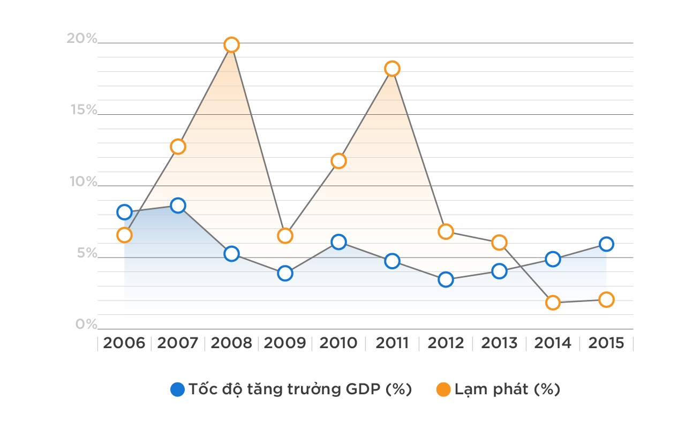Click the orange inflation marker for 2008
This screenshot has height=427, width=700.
[x=231, y=45]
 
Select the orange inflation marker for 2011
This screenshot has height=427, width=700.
[x=392, y=69]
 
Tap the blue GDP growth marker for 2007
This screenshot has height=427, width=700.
[x=178, y=205]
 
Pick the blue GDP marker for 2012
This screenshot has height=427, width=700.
[x=446, y=279]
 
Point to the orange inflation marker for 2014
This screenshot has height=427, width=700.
[x=553, y=303]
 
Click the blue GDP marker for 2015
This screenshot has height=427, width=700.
[x=606, y=244]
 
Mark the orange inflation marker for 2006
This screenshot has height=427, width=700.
[x=124, y=235]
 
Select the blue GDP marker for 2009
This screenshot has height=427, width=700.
[x=285, y=274]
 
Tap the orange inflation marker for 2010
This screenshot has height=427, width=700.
[x=338, y=161]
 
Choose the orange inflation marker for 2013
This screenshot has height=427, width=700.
[x=499, y=242]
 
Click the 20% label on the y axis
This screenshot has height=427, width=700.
[x=82, y=39]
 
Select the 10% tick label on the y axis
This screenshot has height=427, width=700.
[x=83, y=182]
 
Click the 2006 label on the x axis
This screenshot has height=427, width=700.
[x=124, y=343]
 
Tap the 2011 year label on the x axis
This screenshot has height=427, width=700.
[x=392, y=343]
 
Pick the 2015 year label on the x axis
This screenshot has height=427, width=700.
[x=606, y=343]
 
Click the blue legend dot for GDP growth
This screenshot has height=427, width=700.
[x=177, y=389]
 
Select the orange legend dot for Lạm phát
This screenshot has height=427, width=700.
[x=443, y=389]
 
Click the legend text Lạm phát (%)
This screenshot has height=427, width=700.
[x=507, y=389]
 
